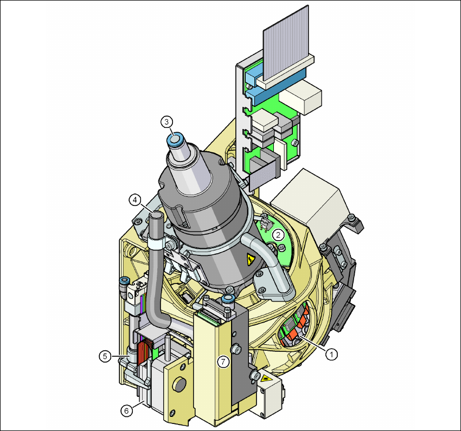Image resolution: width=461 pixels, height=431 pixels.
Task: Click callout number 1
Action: (331, 354)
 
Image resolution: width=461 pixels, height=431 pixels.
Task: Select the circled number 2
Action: (278, 235)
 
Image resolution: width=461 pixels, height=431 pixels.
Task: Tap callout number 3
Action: (167, 121)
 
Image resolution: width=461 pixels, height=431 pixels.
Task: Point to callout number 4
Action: (135, 200)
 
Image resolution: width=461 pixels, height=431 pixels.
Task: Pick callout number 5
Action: (105, 356)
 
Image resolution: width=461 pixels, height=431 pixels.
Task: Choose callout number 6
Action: (126, 410)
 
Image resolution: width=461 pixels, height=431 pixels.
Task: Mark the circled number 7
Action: (223, 362)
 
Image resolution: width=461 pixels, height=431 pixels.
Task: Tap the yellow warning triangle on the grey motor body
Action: (250, 259)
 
